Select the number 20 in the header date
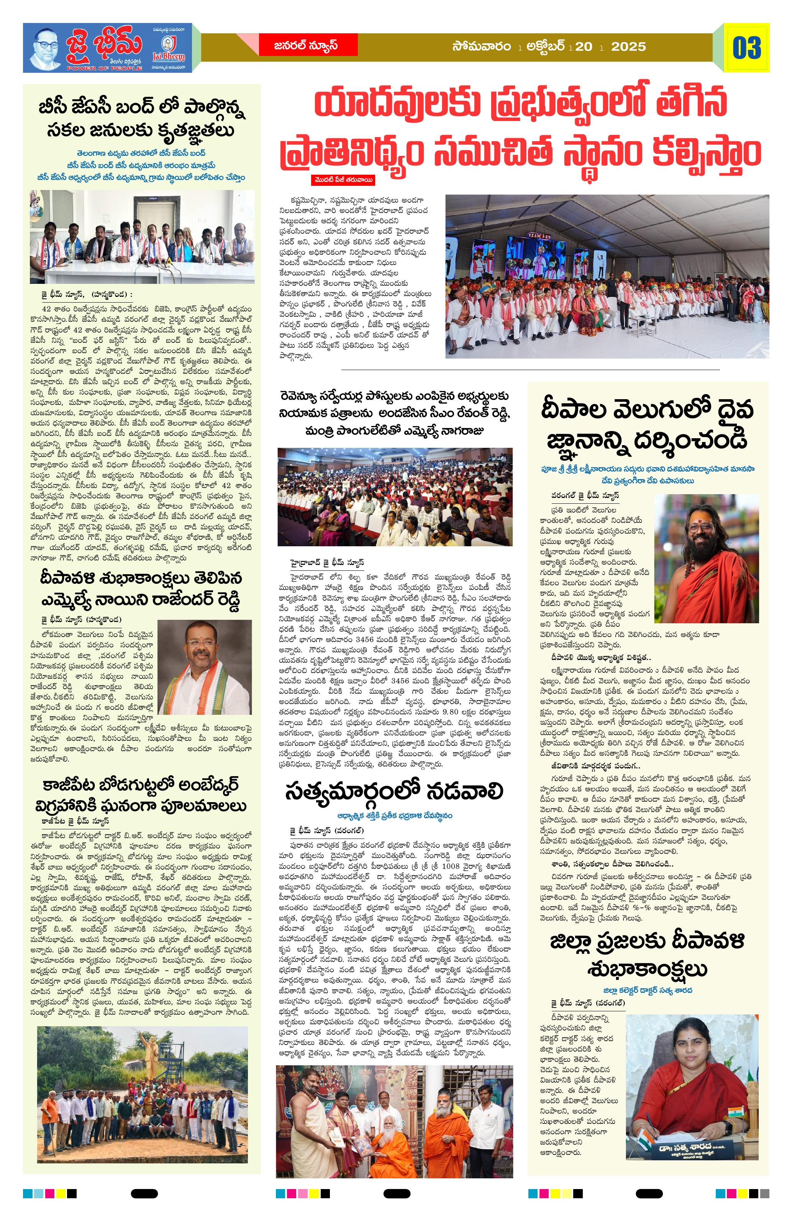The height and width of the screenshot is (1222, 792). (x=584, y=47)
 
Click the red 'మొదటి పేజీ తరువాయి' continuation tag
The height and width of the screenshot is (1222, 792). (x=343, y=180)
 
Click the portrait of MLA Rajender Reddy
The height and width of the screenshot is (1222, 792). (x=205, y=667)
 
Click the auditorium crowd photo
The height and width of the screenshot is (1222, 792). (x=394, y=496)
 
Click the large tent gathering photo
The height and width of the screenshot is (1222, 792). (x=607, y=276)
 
